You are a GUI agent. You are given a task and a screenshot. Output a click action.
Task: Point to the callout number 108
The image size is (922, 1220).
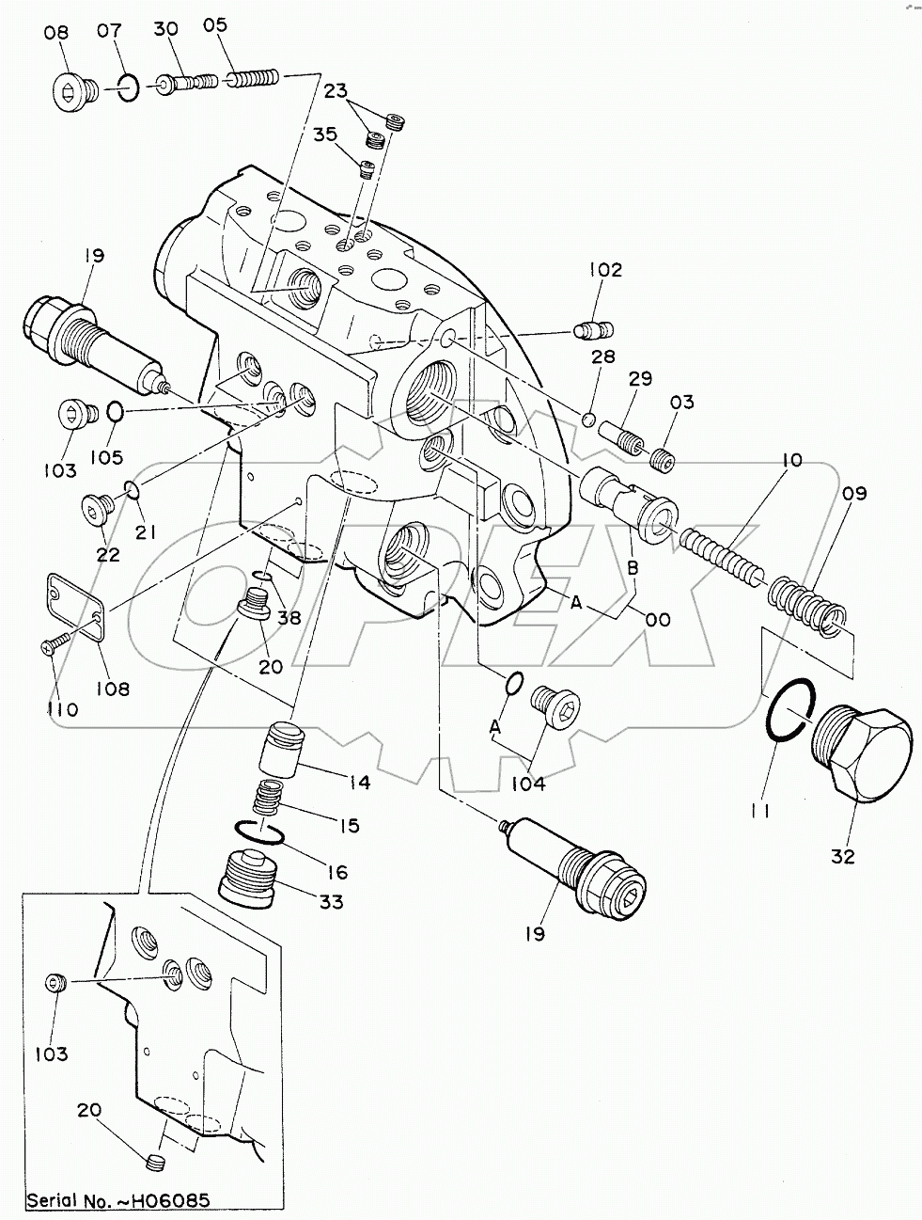point(112,688)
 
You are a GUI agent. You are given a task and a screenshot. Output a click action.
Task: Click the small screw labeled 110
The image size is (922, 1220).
point(52,647)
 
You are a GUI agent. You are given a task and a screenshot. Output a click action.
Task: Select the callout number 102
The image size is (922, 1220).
point(605,270)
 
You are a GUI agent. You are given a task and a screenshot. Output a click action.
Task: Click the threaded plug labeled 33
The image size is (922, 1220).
point(247,877)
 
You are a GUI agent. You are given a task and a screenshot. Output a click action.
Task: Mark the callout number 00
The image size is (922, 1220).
point(658,619)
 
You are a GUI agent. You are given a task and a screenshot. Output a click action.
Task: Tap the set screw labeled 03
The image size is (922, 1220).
point(664,459)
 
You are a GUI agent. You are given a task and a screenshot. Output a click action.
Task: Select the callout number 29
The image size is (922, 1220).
point(640,379)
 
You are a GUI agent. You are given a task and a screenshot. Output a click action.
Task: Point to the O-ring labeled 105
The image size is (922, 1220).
point(114,411)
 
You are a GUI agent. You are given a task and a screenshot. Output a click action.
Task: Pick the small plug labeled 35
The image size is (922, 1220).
point(367,169)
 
